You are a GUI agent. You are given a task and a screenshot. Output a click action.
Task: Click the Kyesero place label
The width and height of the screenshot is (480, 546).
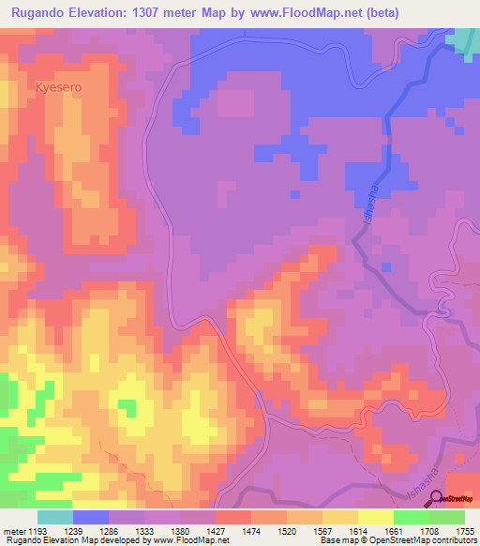tap(59, 85)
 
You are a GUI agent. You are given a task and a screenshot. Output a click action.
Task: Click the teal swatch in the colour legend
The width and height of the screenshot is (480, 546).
tap(55, 517)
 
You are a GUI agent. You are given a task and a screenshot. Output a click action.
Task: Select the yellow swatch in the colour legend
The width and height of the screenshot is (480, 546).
tap(375, 517)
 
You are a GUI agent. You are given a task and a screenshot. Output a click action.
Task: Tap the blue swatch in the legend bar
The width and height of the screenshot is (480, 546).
tap(91, 517)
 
